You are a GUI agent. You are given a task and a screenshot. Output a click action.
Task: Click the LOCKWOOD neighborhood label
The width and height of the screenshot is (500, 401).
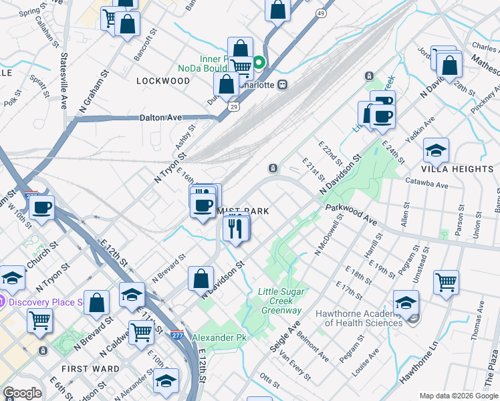pyautogui.click(x=163, y=80)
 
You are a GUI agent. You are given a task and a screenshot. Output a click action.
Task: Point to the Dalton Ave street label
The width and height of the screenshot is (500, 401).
pyautogui.click(x=160, y=118)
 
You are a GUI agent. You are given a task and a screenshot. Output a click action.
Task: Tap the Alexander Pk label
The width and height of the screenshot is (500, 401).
pyautogui.click(x=220, y=338)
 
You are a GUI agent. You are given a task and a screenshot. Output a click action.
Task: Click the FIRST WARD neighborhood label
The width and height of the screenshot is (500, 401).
pyautogui.click(x=90, y=369)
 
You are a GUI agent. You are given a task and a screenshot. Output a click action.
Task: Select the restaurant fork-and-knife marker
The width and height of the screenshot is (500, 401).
pyautogui.click(x=236, y=229)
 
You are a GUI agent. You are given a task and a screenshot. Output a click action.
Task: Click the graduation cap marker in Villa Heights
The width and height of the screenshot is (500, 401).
pyautogui.click(x=436, y=152)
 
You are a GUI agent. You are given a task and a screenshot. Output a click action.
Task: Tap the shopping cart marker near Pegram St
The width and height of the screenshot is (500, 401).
pyautogui.click(x=446, y=281)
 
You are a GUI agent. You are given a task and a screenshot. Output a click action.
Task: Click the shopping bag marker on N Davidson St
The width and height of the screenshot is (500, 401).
pyautogui.click(x=201, y=279)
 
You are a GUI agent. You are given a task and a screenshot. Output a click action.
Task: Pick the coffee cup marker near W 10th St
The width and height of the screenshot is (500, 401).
pyautogui.click(x=41, y=208)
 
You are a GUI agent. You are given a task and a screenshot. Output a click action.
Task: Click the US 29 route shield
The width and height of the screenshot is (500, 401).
pyautogui.click(x=233, y=107)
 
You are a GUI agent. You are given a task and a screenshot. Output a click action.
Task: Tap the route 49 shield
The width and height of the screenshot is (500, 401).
pyautogui.click(x=322, y=13)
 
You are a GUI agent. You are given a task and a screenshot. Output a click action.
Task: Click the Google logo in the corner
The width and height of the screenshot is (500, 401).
pyautogui.click(x=23, y=393)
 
